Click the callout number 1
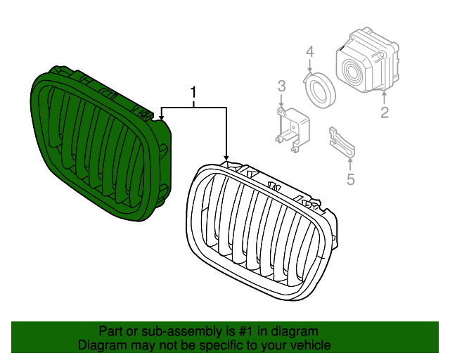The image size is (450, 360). pos(194,92)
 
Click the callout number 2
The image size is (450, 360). pos(385,112)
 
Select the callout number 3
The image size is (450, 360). pos(281,86)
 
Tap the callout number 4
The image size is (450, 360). pos(310,52)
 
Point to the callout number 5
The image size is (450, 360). pos(351,179)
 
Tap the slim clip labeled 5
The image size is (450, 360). pos(342,143)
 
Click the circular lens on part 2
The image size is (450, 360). pos(350,71)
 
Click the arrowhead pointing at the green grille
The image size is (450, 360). pos(161,117)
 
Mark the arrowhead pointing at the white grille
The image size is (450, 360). pos(226,157)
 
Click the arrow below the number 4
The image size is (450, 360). pos(309,65)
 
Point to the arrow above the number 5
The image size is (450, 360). pos(350,165)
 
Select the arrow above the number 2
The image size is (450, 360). pos(385,97)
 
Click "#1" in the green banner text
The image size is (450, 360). pos(245,331)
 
